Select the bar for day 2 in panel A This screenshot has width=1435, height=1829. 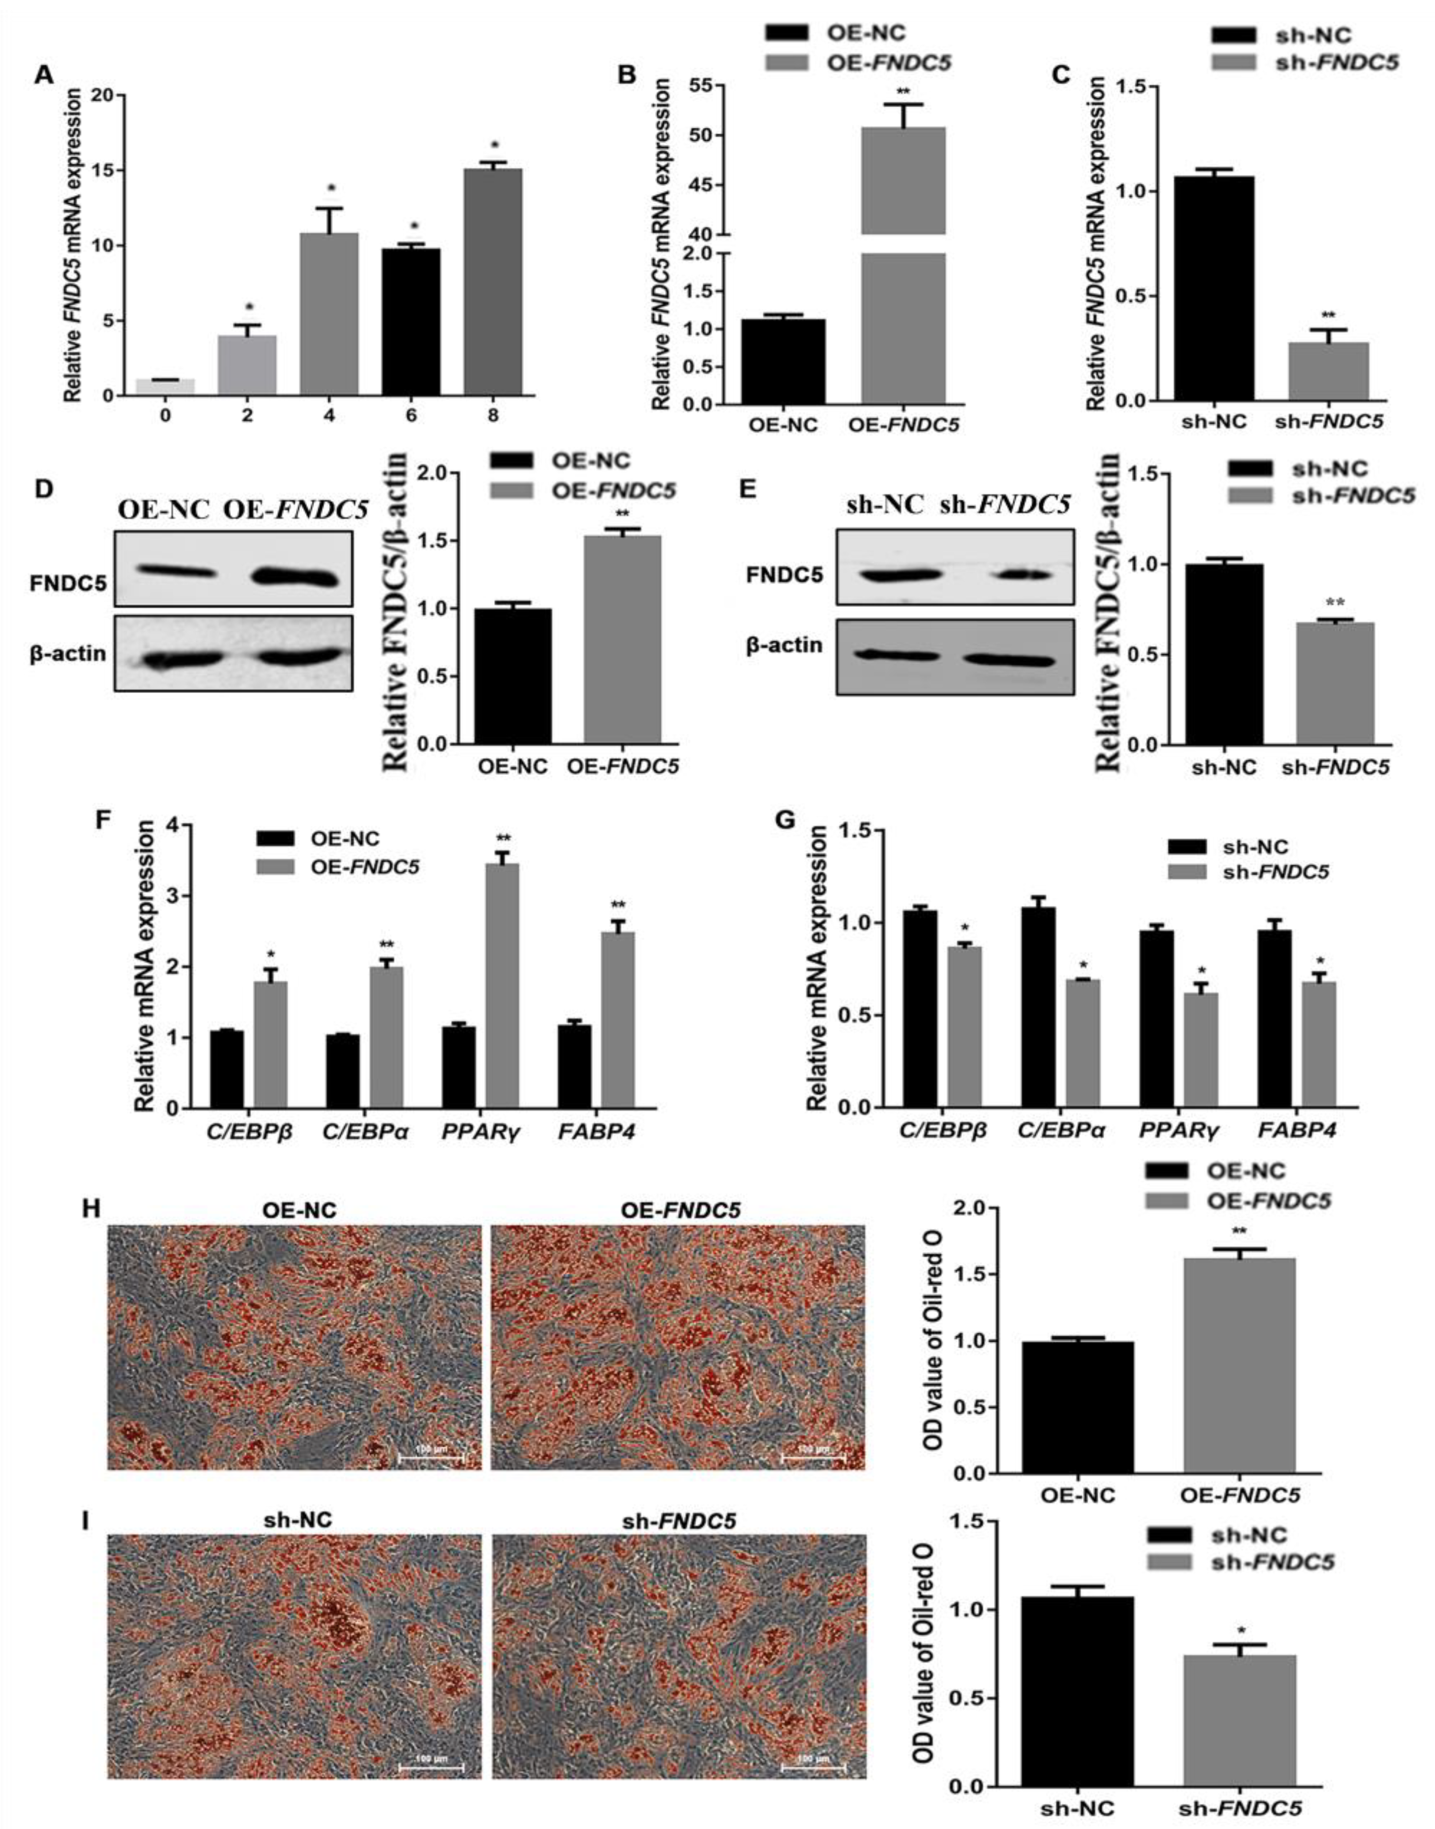[x=248, y=365]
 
